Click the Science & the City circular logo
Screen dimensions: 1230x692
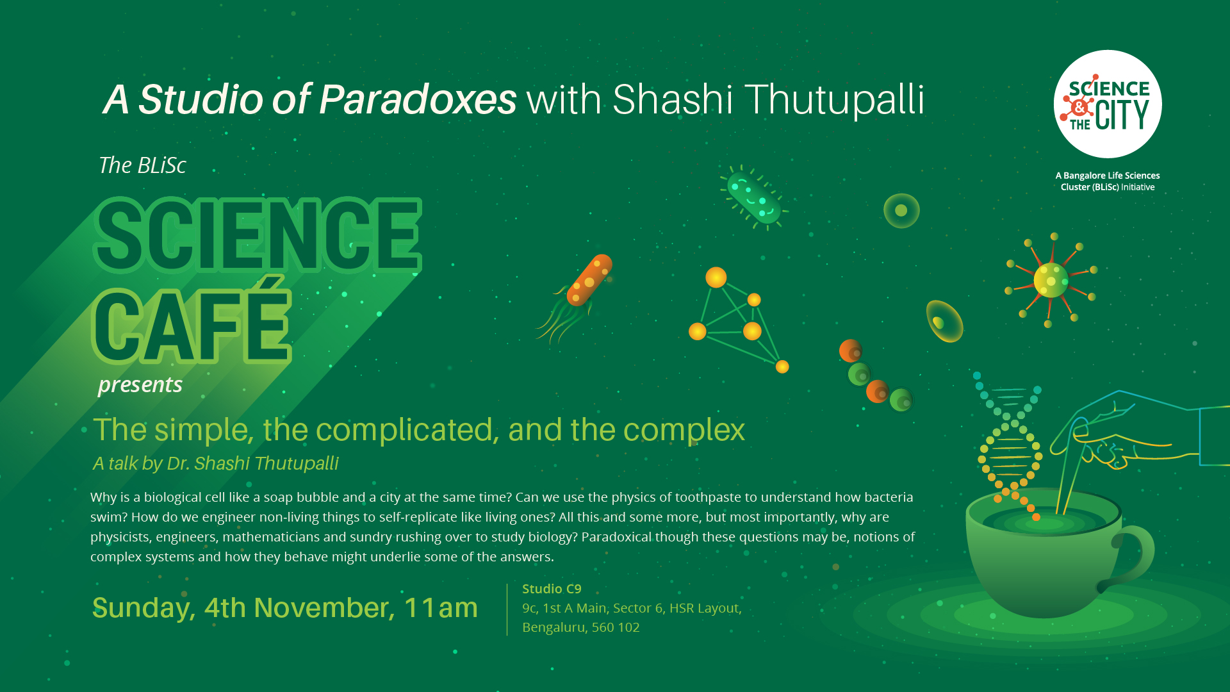pos(1108,104)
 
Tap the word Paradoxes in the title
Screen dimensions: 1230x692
pos(418,99)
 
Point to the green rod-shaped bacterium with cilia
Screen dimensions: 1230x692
pos(754,197)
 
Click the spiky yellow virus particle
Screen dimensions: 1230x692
pos(1051,281)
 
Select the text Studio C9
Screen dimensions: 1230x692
pos(552,589)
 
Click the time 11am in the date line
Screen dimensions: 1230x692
pos(441,607)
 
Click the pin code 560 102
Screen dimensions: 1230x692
pos(615,627)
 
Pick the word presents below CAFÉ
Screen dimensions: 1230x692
pos(140,385)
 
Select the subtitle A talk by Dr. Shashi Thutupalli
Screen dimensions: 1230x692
pos(216,463)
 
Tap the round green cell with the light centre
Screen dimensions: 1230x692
pos(901,210)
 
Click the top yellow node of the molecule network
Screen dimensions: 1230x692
pos(716,277)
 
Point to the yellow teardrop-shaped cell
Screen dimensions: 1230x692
pos(944,321)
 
